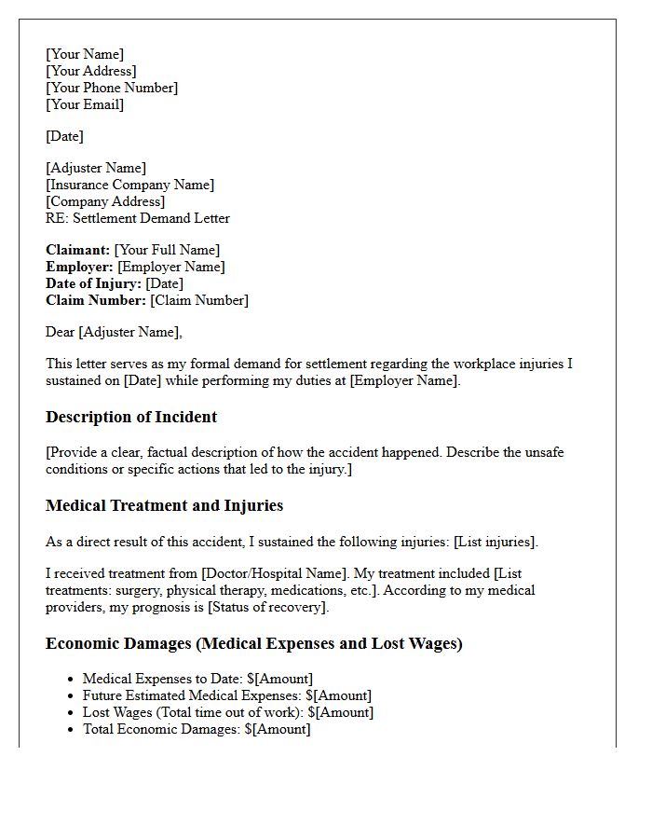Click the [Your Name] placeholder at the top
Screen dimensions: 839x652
pos(85,54)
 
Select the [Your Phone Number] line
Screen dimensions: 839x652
pos(112,88)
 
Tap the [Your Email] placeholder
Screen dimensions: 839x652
pos(85,104)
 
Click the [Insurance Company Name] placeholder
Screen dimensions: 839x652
pos(129,185)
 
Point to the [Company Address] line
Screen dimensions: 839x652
pos(105,201)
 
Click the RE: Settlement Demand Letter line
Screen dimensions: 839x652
pos(138,218)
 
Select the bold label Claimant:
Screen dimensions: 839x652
pos(78,250)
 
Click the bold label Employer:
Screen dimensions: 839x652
pos(80,267)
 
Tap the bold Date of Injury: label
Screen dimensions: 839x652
pos(94,283)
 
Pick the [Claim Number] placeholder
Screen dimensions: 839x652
pos(199,300)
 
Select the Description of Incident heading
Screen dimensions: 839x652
pos(131,417)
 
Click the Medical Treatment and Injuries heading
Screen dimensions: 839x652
pos(164,505)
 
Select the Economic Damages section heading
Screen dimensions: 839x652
pos(253,643)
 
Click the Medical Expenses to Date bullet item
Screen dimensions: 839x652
pos(197,679)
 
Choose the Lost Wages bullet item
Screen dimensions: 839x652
pos(228,712)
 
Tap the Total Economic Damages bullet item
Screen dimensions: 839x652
pos(197,729)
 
